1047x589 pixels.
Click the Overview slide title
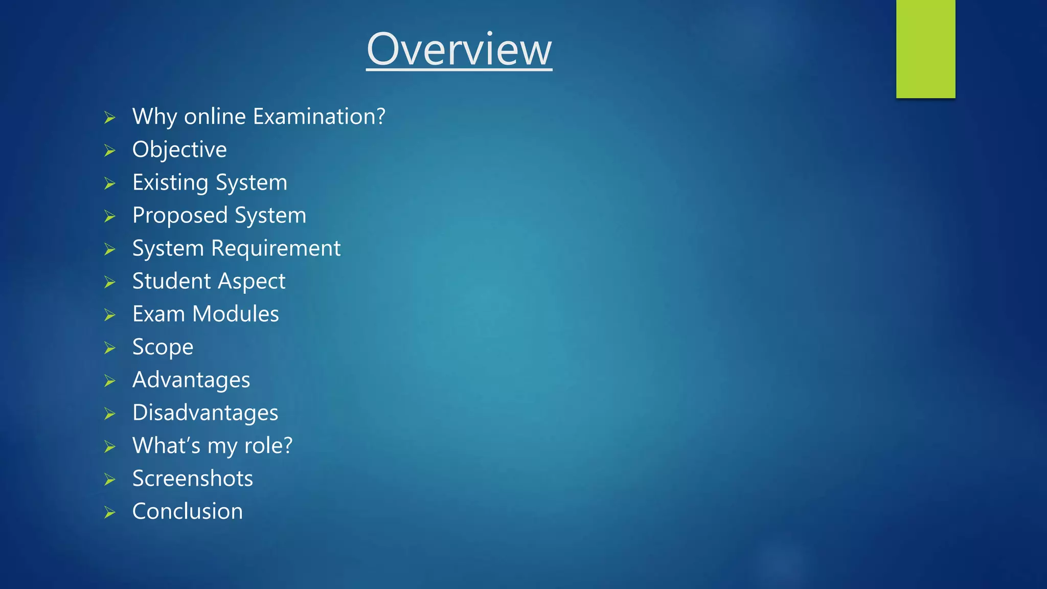point(459,49)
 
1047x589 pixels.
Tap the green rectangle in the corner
point(925,49)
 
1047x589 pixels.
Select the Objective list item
point(179,150)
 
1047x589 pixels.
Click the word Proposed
point(180,216)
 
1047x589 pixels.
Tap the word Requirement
point(276,248)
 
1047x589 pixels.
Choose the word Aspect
point(252,282)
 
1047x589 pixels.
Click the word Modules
point(235,314)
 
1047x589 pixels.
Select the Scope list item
point(163,347)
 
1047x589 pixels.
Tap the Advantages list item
point(191,380)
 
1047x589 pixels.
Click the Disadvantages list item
point(205,413)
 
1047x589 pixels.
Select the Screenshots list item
point(192,479)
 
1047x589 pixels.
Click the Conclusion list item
point(187,511)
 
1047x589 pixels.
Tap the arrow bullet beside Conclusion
point(110,512)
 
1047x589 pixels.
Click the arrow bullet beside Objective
point(110,150)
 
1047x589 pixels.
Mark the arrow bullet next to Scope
point(110,348)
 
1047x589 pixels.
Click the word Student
point(172,281)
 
